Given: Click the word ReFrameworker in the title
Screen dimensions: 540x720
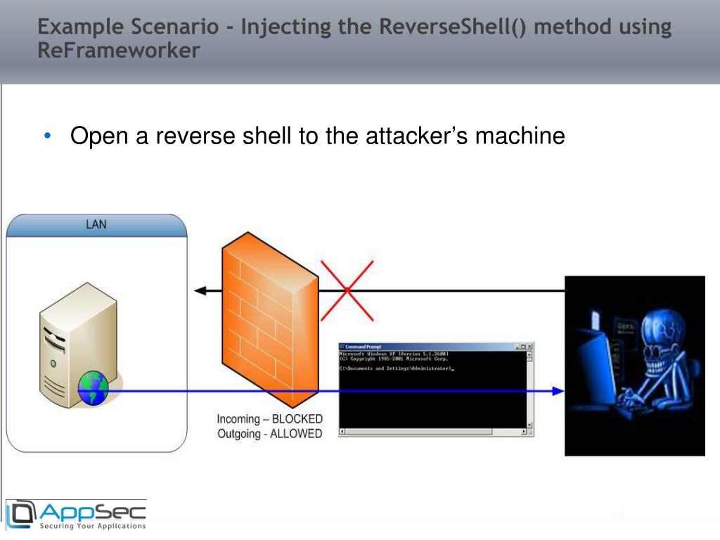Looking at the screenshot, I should coord(119,51).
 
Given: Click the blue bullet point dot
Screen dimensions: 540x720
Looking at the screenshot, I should coord(47,135).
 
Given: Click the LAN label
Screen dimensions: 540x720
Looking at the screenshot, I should coord(96,225).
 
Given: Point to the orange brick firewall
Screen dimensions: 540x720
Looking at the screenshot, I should coord(269,316).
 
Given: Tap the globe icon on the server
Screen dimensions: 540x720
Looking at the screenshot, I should coord(93,389).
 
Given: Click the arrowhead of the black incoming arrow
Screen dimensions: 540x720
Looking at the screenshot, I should coord(200,290).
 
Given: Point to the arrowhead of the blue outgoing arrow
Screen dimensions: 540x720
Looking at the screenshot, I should coord(558,391).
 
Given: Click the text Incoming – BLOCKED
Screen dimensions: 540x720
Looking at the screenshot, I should coord(269,419).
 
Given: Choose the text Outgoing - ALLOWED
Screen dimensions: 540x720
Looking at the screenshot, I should coord(269,434).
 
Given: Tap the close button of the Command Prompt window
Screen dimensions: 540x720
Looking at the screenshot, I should coord(529,347).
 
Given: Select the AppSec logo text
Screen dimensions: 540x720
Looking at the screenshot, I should coord(91,510).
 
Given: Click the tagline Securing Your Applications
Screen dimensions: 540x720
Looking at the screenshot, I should coord(93,525).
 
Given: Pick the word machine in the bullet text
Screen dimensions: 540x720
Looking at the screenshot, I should coord(520,136).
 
